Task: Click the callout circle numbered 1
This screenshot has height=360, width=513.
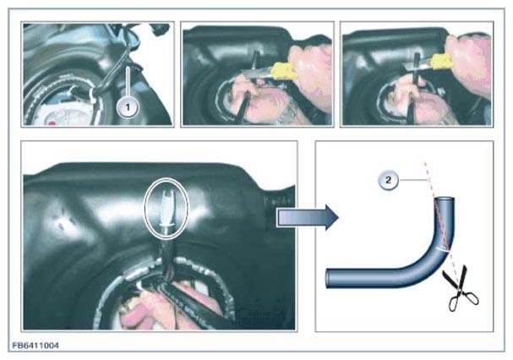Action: coord(128,107)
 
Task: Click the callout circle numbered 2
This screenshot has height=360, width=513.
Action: coord(389,180)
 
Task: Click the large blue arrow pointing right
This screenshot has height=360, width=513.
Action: coord(308,217)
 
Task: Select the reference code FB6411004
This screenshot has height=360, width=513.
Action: coord(35,346)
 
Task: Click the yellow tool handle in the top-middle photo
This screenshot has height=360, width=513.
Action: coord(284,70)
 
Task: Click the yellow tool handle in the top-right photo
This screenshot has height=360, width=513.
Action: coord(443,62)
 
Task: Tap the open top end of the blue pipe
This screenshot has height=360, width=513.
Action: coord(445,199)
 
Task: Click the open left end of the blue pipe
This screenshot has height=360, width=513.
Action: coord(328,279)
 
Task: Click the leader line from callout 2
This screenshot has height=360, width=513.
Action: coord(413,180)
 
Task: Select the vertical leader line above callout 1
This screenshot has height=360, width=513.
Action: coord(128,82)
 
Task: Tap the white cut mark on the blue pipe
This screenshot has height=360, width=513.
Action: coord(443,248)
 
